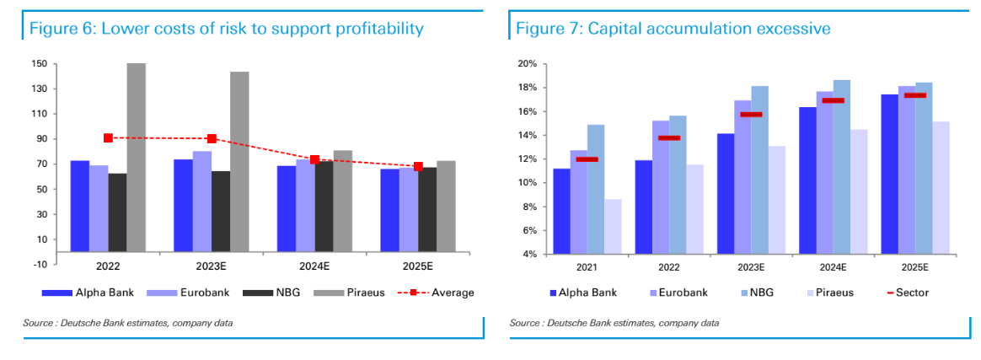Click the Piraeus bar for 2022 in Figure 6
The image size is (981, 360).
coord(136,158)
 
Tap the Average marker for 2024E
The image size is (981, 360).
coord(314,159)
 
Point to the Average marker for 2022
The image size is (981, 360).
coord(108,137)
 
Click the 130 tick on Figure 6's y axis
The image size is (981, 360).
coord(38,89)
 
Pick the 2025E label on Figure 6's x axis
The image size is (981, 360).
coord(417,266)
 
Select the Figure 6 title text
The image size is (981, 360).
coord(226,29)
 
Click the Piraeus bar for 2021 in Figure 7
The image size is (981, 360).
coord(614,226)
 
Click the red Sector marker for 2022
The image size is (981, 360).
coord(669,137)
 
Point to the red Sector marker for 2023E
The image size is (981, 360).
coord(751,114)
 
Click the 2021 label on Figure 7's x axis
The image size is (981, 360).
coord(587,266)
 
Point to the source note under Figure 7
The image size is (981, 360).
coord(614,323)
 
